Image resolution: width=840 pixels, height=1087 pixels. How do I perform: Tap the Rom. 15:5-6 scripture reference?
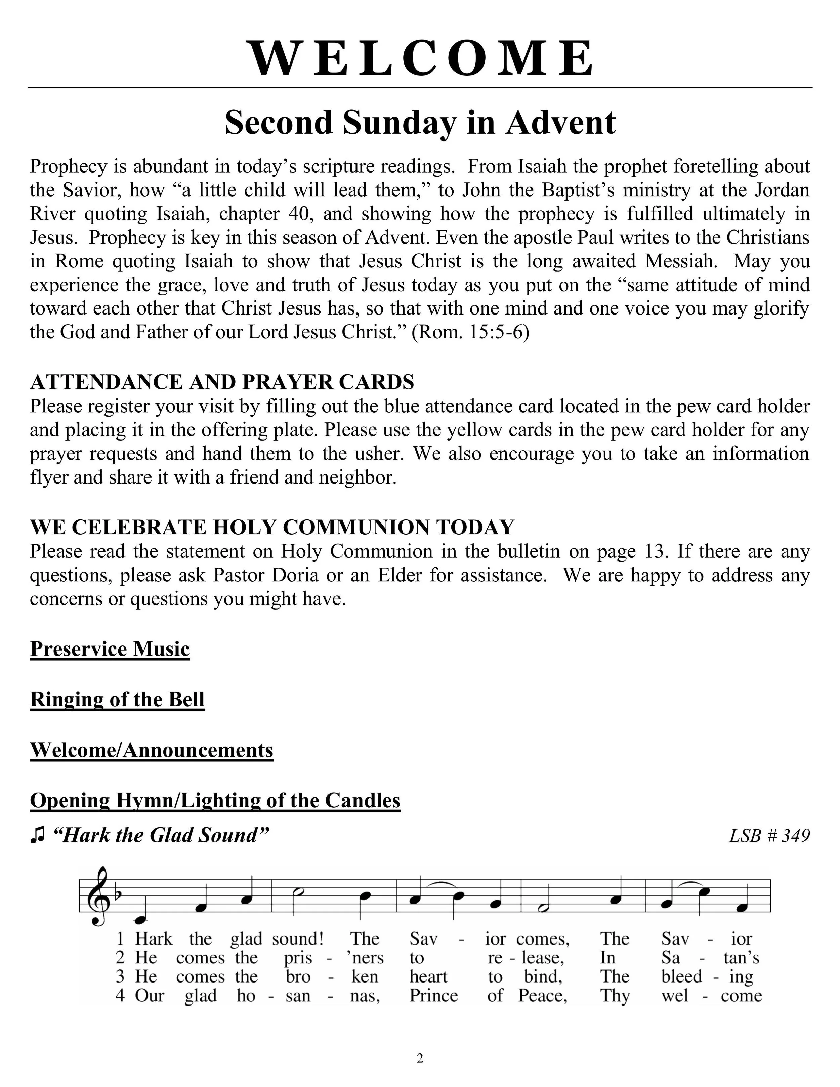(x=471, y=332)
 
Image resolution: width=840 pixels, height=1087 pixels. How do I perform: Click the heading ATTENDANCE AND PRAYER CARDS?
(x=222, y=382)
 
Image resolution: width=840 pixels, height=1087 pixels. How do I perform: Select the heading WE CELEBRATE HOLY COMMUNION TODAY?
(x=272, y=527)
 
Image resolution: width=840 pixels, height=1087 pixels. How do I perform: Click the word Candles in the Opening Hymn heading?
(x=363, y=800)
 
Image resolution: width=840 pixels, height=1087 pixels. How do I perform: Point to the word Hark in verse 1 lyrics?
(x=153, y=939)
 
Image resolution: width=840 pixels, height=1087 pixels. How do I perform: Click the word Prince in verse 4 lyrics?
(x=433, y=995)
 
